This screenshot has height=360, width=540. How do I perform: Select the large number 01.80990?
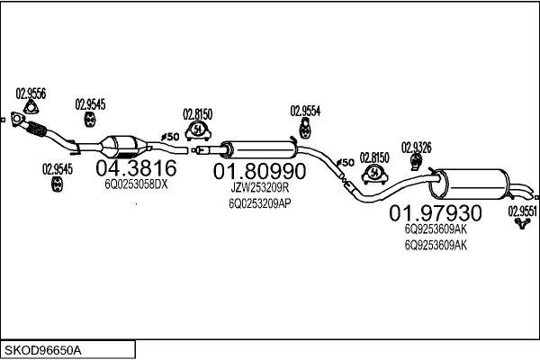259,170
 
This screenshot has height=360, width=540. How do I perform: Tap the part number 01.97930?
436,213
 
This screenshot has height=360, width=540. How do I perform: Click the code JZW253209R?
258,187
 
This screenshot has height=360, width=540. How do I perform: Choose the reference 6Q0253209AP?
258,202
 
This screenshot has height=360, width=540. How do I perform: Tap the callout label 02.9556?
31,93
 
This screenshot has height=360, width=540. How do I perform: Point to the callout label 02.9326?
416,147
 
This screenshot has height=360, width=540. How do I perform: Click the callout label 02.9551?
522,211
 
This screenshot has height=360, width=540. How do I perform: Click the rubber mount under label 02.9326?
417,163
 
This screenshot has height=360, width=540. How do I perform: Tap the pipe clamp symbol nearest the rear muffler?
373,174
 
